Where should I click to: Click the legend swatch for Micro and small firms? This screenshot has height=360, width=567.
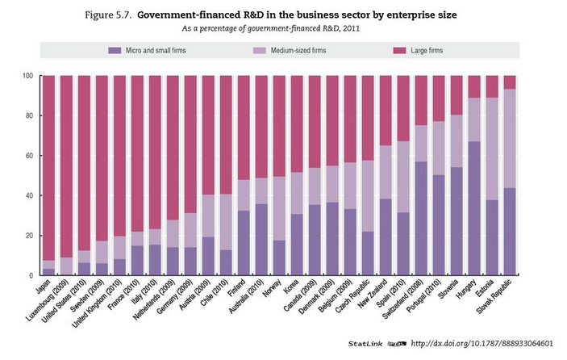113,51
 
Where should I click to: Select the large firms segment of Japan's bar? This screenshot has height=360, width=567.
48,161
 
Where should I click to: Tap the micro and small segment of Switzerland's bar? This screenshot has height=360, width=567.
421,218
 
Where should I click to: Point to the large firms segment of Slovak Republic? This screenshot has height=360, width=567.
511,82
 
